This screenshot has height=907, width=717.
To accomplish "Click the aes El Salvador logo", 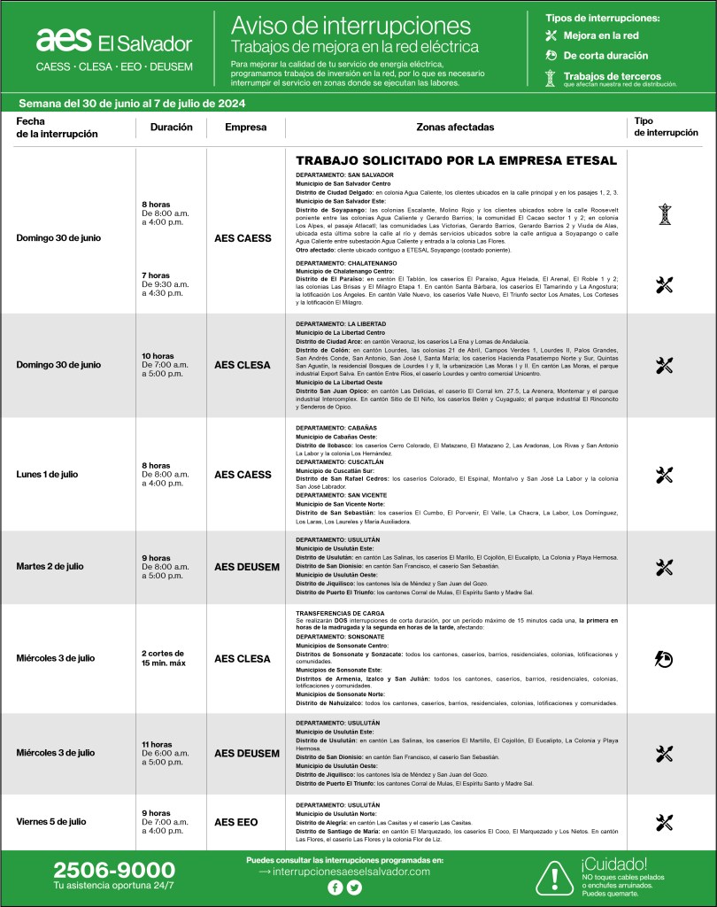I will coord(113,41).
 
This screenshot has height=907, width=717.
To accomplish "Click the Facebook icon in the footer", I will coord(335,888).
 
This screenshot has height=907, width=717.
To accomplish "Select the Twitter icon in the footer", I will coord(355,888).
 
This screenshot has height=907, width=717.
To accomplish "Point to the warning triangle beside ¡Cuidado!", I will coord(555,877).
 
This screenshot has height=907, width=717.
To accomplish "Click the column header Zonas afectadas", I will coord(455,128).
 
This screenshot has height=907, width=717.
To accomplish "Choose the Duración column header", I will coord(171,128).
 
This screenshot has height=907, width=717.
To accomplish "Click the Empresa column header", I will coord(245,128).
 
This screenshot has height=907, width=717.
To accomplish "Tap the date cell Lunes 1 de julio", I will coord(47,474).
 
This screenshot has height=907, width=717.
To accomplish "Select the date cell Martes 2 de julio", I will coord(51,566).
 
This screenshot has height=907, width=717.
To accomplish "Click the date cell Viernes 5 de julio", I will coord(51,822).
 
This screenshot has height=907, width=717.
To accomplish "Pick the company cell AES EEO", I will coord(236,822).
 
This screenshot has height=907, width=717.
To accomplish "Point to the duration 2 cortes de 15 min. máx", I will coord(164,658).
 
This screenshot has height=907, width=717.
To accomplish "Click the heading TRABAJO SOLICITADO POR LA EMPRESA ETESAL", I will coord(456,161).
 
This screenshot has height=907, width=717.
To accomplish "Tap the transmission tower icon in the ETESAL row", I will coord(665,213).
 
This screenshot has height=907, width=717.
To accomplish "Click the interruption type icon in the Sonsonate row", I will coord(665,658).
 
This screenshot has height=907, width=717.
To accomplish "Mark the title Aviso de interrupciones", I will coord(350,25).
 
